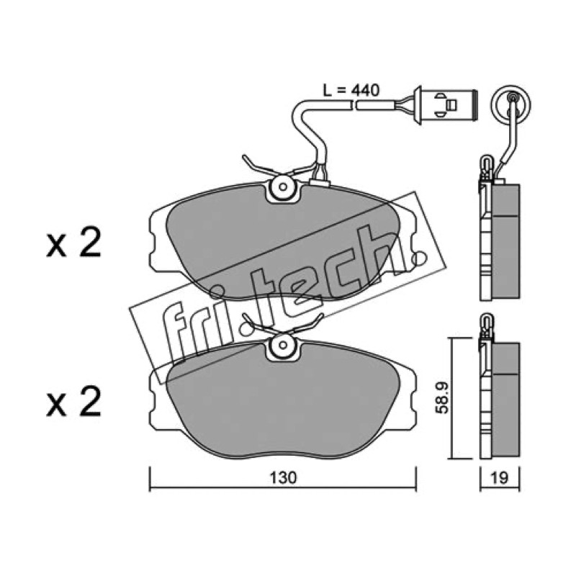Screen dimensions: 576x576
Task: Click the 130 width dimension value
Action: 282,477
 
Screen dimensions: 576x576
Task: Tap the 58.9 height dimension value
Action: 441,398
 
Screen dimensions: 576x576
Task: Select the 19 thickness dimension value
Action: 500,477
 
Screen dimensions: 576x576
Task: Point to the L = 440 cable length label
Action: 351,91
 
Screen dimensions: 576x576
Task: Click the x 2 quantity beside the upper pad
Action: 73,243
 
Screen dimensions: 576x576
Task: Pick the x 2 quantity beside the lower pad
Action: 73,402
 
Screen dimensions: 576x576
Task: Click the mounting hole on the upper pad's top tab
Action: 282,187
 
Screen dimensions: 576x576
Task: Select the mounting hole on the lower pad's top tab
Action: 282,345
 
